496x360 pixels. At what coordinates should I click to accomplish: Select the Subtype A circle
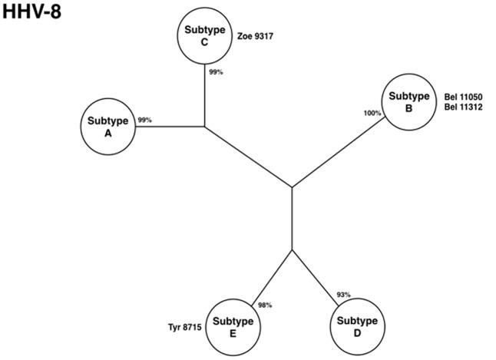(108, 125)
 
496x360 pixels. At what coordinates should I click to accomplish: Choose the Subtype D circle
(357, 326)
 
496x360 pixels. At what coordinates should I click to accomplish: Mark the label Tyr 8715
(185, 327)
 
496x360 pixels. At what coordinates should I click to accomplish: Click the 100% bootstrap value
(372, 114)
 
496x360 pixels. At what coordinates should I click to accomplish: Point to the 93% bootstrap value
(343, 296)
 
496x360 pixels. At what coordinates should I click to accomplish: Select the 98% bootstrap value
(265, 305)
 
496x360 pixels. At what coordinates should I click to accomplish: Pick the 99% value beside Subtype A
(144, 121)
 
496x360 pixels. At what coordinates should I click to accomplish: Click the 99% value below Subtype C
(217, 72)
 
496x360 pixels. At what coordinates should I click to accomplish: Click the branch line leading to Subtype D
(316, 276)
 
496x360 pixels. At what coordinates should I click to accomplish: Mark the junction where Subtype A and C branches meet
(205, 126)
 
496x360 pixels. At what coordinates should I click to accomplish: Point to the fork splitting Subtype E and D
(292, 249)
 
